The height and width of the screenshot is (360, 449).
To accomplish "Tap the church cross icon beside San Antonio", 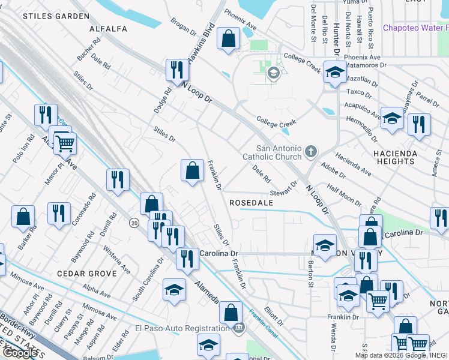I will click(310, 151).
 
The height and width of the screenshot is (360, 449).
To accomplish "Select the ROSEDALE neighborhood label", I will click(251, 203).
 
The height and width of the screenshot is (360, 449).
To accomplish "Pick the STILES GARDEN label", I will click(47, 16).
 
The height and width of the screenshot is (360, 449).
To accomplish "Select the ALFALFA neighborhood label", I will click(108, 28).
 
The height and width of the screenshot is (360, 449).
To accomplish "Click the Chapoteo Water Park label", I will click(416, 28).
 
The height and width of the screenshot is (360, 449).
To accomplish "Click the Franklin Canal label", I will click(262, 319).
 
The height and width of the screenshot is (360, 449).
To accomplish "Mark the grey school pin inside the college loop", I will click(274, 74).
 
